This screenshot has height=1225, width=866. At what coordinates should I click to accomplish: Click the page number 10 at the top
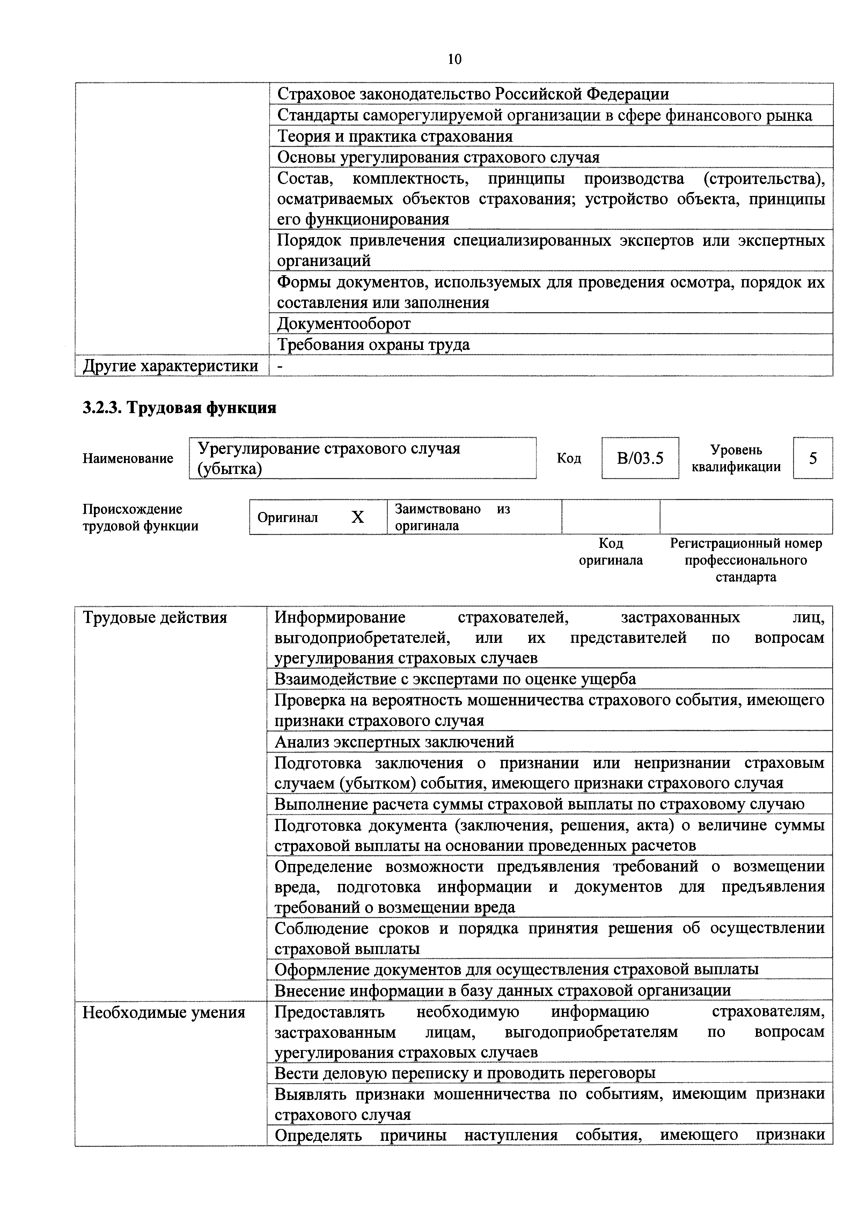455,59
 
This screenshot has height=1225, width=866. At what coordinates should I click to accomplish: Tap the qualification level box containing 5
813,458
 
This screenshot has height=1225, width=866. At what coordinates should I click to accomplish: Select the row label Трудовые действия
155,618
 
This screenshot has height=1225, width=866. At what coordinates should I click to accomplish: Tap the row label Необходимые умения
164,1012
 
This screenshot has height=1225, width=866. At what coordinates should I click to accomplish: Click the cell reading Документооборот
344,324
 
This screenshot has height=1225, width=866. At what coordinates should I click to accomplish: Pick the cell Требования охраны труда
374,345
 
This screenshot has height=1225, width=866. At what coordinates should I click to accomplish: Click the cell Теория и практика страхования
395,137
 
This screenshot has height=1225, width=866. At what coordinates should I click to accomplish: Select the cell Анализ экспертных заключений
394,742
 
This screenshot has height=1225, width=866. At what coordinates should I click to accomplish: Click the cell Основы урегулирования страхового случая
438,157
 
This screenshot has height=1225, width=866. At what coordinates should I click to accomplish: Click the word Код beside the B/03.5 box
569,458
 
